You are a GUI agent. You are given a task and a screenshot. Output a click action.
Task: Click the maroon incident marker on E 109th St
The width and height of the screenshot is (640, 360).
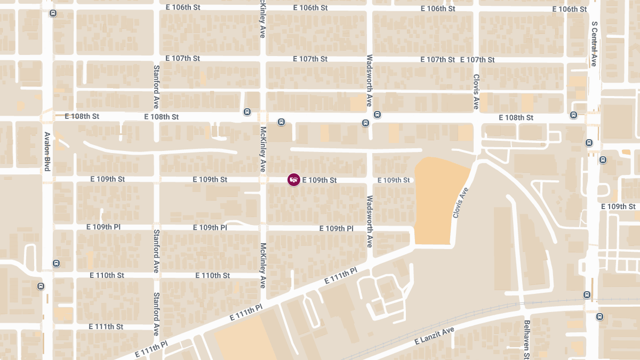(x=294, y=180)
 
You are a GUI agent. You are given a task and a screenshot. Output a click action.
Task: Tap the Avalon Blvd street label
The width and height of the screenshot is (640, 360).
(x=47, y=151)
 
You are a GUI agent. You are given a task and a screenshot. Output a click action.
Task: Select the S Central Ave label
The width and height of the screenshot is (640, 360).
(x=594, y=44)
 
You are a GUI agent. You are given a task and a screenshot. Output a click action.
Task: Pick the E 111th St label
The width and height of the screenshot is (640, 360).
(x=106, y=326)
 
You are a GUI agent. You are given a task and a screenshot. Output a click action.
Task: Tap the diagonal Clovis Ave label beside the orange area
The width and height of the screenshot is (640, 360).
(x=460, y=203)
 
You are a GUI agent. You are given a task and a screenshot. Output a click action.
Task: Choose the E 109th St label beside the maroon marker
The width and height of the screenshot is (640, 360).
(x=319, y=180)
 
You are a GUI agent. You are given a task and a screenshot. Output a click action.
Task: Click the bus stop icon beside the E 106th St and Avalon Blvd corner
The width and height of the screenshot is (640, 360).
(x=52, y=13)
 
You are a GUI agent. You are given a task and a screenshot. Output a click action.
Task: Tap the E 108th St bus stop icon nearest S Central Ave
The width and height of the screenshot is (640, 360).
(x=573, y=115)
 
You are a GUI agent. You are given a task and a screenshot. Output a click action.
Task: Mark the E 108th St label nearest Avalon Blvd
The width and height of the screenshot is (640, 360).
(x=82, y=116)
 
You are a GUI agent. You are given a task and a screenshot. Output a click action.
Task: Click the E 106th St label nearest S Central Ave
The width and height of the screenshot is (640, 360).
(x=569, y=9)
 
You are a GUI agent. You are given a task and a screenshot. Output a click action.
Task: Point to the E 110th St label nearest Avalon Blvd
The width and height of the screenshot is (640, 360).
(x=107, y=275)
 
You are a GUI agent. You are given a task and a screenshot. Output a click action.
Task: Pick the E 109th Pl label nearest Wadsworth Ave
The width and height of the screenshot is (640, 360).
(x=336, y=228)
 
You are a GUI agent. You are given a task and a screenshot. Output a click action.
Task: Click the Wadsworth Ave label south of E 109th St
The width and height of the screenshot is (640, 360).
(x=369, y=221)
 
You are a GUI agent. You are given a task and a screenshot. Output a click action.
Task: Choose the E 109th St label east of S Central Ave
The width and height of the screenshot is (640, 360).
(x=618, y=206)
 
